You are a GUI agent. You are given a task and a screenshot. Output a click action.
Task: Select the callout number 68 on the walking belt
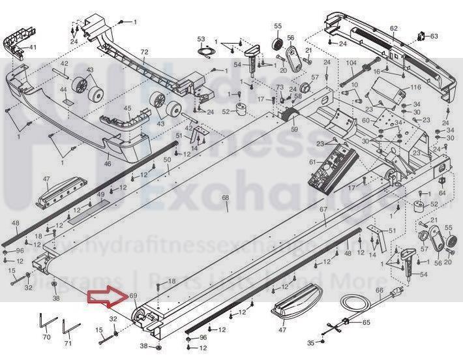(226, 198)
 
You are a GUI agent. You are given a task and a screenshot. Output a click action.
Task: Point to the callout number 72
(145, 52)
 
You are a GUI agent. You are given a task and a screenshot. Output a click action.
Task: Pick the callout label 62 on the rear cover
(393, 28)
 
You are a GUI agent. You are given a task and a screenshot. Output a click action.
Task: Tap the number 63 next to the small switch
(434, 35)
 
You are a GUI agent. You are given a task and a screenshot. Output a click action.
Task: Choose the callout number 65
(366, 322)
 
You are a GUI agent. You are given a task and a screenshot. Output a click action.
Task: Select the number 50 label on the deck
(166, 160)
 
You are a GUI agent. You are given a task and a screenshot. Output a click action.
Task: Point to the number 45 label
(127, 108)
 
